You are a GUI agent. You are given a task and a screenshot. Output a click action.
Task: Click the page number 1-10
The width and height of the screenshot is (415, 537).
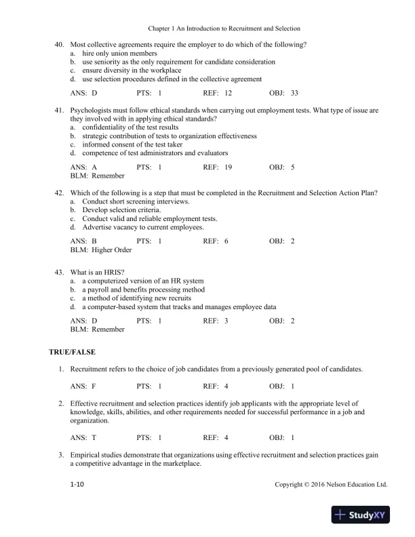pos(79,485)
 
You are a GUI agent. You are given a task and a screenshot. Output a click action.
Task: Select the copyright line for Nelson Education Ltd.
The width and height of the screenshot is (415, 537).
pos(331,485)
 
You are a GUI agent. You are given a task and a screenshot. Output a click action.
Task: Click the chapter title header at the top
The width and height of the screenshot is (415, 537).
pos(224,28)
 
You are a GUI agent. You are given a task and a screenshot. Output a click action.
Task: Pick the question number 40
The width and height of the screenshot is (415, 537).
pos(60,44)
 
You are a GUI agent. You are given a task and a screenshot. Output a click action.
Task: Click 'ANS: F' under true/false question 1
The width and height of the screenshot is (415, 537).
pos(83,386)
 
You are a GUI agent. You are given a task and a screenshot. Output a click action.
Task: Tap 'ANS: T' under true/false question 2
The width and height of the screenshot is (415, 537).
pos(83,437)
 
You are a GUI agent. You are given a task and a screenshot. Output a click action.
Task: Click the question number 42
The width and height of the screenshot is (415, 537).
pos(60,193)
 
